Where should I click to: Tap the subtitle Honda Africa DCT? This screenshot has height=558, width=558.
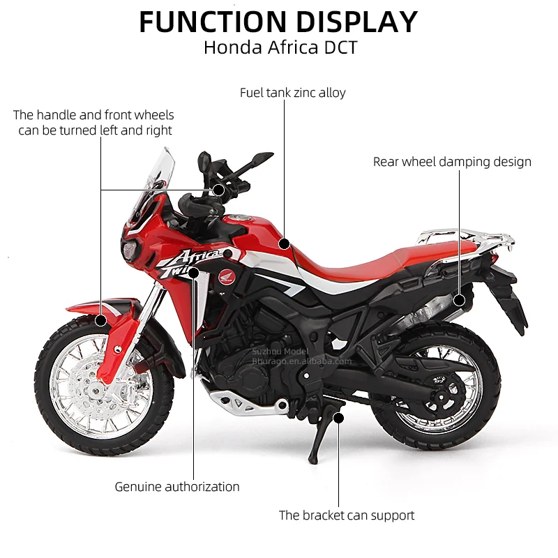(x=280, y=48)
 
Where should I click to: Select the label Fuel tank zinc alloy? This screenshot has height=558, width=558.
(x=293, y=92)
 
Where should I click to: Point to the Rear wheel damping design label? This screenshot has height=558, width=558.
(x=452, y=162)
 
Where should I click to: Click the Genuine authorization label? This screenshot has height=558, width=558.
(x=177, y=487)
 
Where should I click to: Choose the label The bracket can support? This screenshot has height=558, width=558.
(x=347, y=515)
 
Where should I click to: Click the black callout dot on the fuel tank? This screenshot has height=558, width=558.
(x=284, y=243)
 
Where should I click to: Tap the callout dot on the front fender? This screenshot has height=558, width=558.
(x=101, y=321)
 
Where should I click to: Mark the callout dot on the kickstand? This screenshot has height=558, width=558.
(x=339, y=418)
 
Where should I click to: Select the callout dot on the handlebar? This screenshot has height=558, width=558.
(x=219, y=189)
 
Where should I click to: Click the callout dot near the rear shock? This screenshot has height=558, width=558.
(x=459, y=301)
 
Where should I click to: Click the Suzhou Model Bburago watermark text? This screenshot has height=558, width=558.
(x=301, y=356)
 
